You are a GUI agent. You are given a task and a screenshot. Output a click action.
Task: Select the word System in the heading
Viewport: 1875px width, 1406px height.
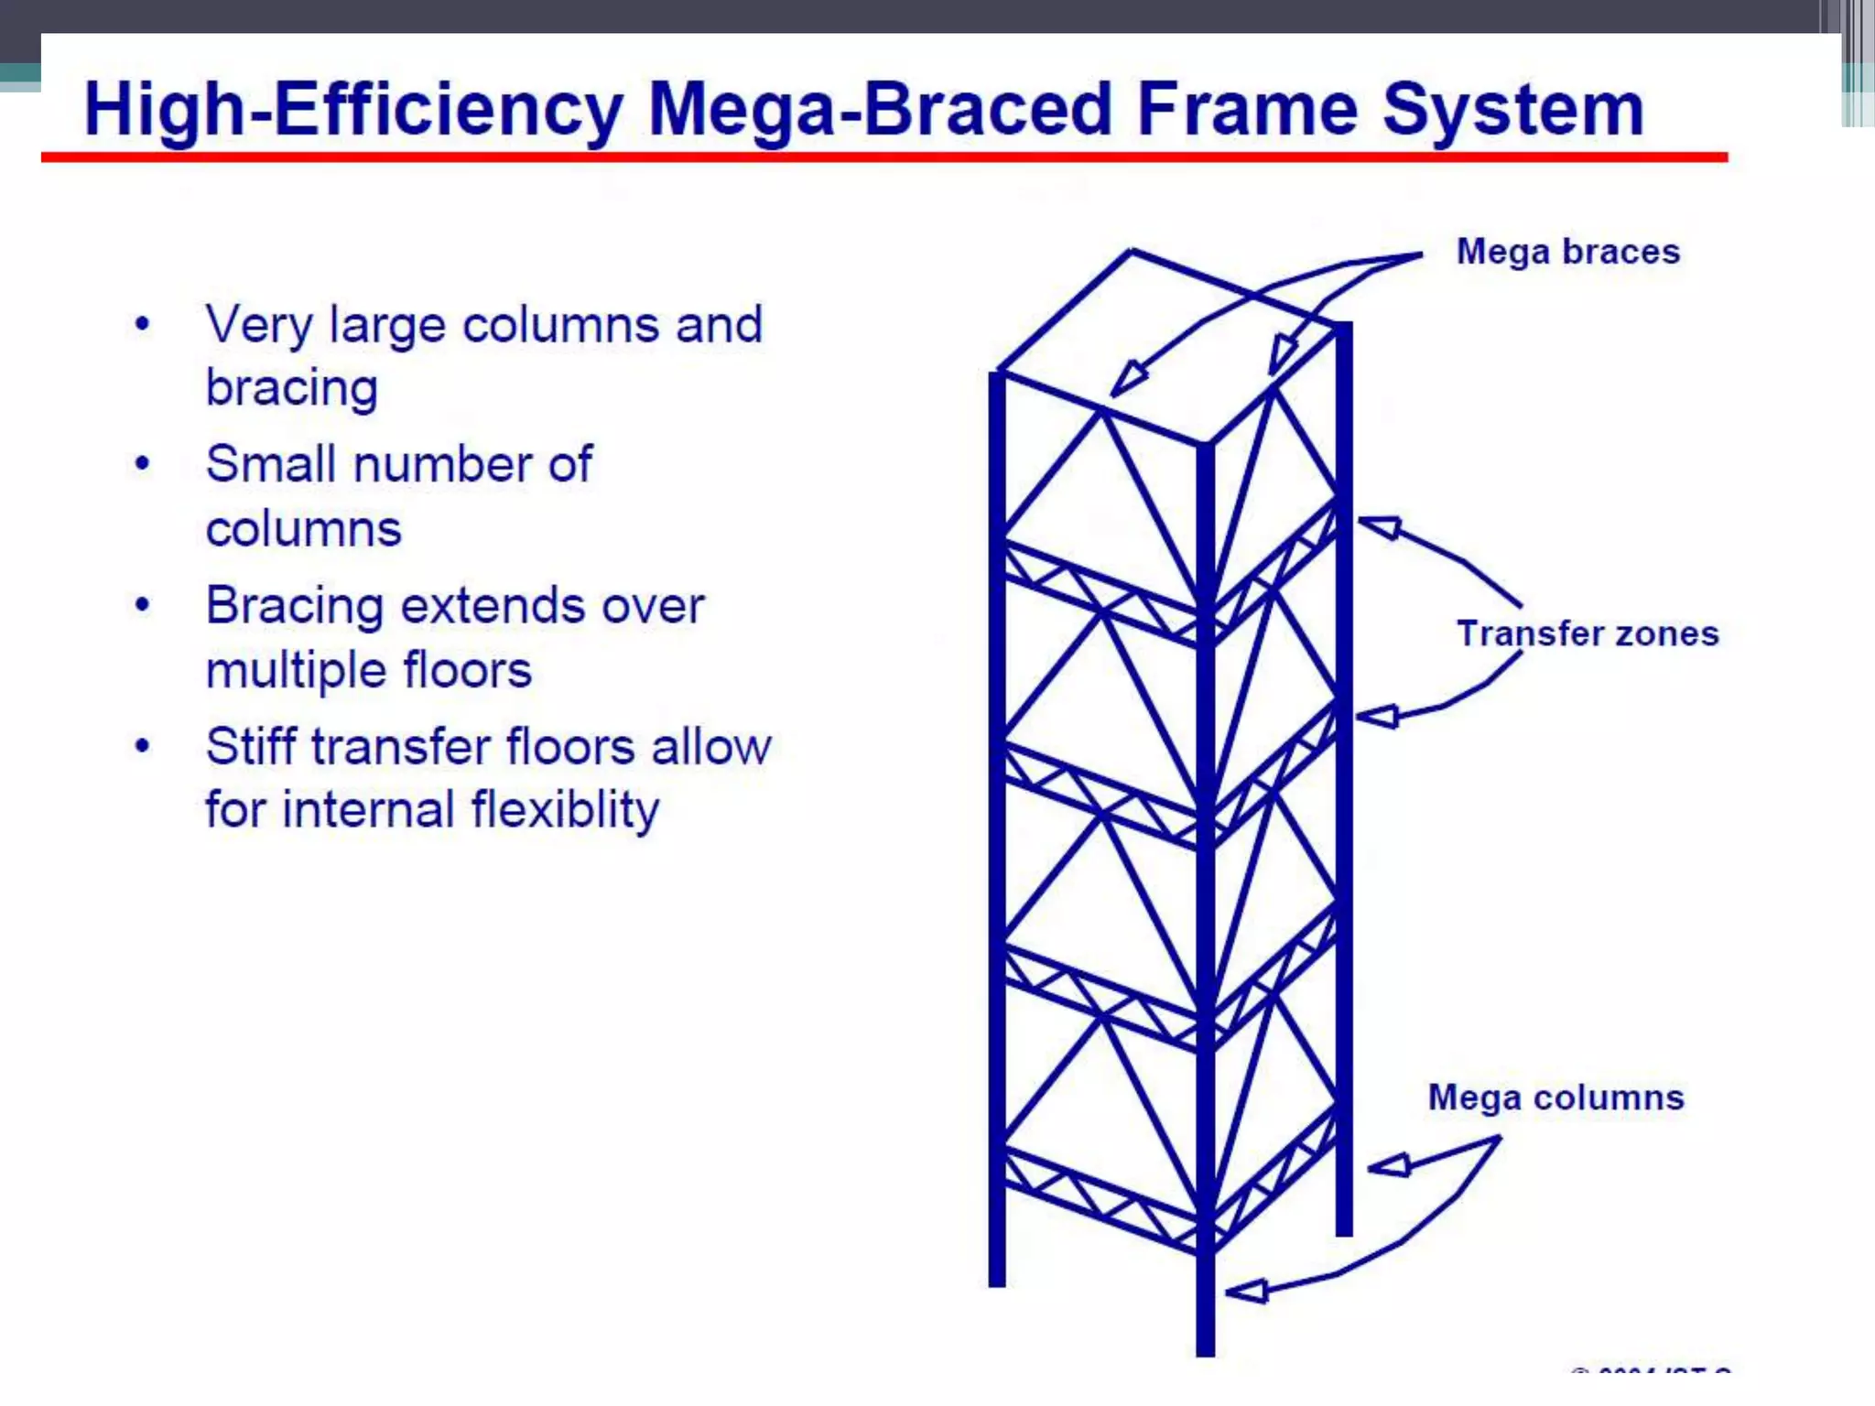coord(1512,110)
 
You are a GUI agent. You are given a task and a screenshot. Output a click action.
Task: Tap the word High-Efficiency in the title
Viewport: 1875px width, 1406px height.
coord(353,110)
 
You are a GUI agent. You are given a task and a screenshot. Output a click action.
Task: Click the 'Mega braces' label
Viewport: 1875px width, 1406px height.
coord(1567,252)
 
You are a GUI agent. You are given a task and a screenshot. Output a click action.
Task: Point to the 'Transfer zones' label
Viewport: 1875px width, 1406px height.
coord(1587,633)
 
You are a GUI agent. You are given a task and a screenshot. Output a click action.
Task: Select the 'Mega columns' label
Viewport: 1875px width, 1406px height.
coord(1555,1098)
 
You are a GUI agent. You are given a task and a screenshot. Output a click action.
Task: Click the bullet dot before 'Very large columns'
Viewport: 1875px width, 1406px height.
coord(142,324)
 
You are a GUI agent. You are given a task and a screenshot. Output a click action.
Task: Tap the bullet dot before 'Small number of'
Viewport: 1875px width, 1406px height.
coord(142,464)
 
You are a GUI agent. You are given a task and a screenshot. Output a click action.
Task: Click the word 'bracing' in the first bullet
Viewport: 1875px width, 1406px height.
coord(291,389)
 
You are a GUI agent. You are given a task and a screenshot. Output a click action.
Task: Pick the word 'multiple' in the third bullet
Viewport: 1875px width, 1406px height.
coord(297,670)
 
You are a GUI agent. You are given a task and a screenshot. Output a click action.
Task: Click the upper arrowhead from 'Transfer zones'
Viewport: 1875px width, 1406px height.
coord(1380,526)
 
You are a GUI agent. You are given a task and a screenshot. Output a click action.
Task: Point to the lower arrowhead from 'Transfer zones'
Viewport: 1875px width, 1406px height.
coord(1378,717)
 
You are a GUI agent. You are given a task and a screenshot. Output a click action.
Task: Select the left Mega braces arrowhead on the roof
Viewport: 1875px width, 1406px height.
coord(1128,379)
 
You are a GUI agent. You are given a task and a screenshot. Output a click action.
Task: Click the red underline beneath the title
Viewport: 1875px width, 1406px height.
coord(883,157)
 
